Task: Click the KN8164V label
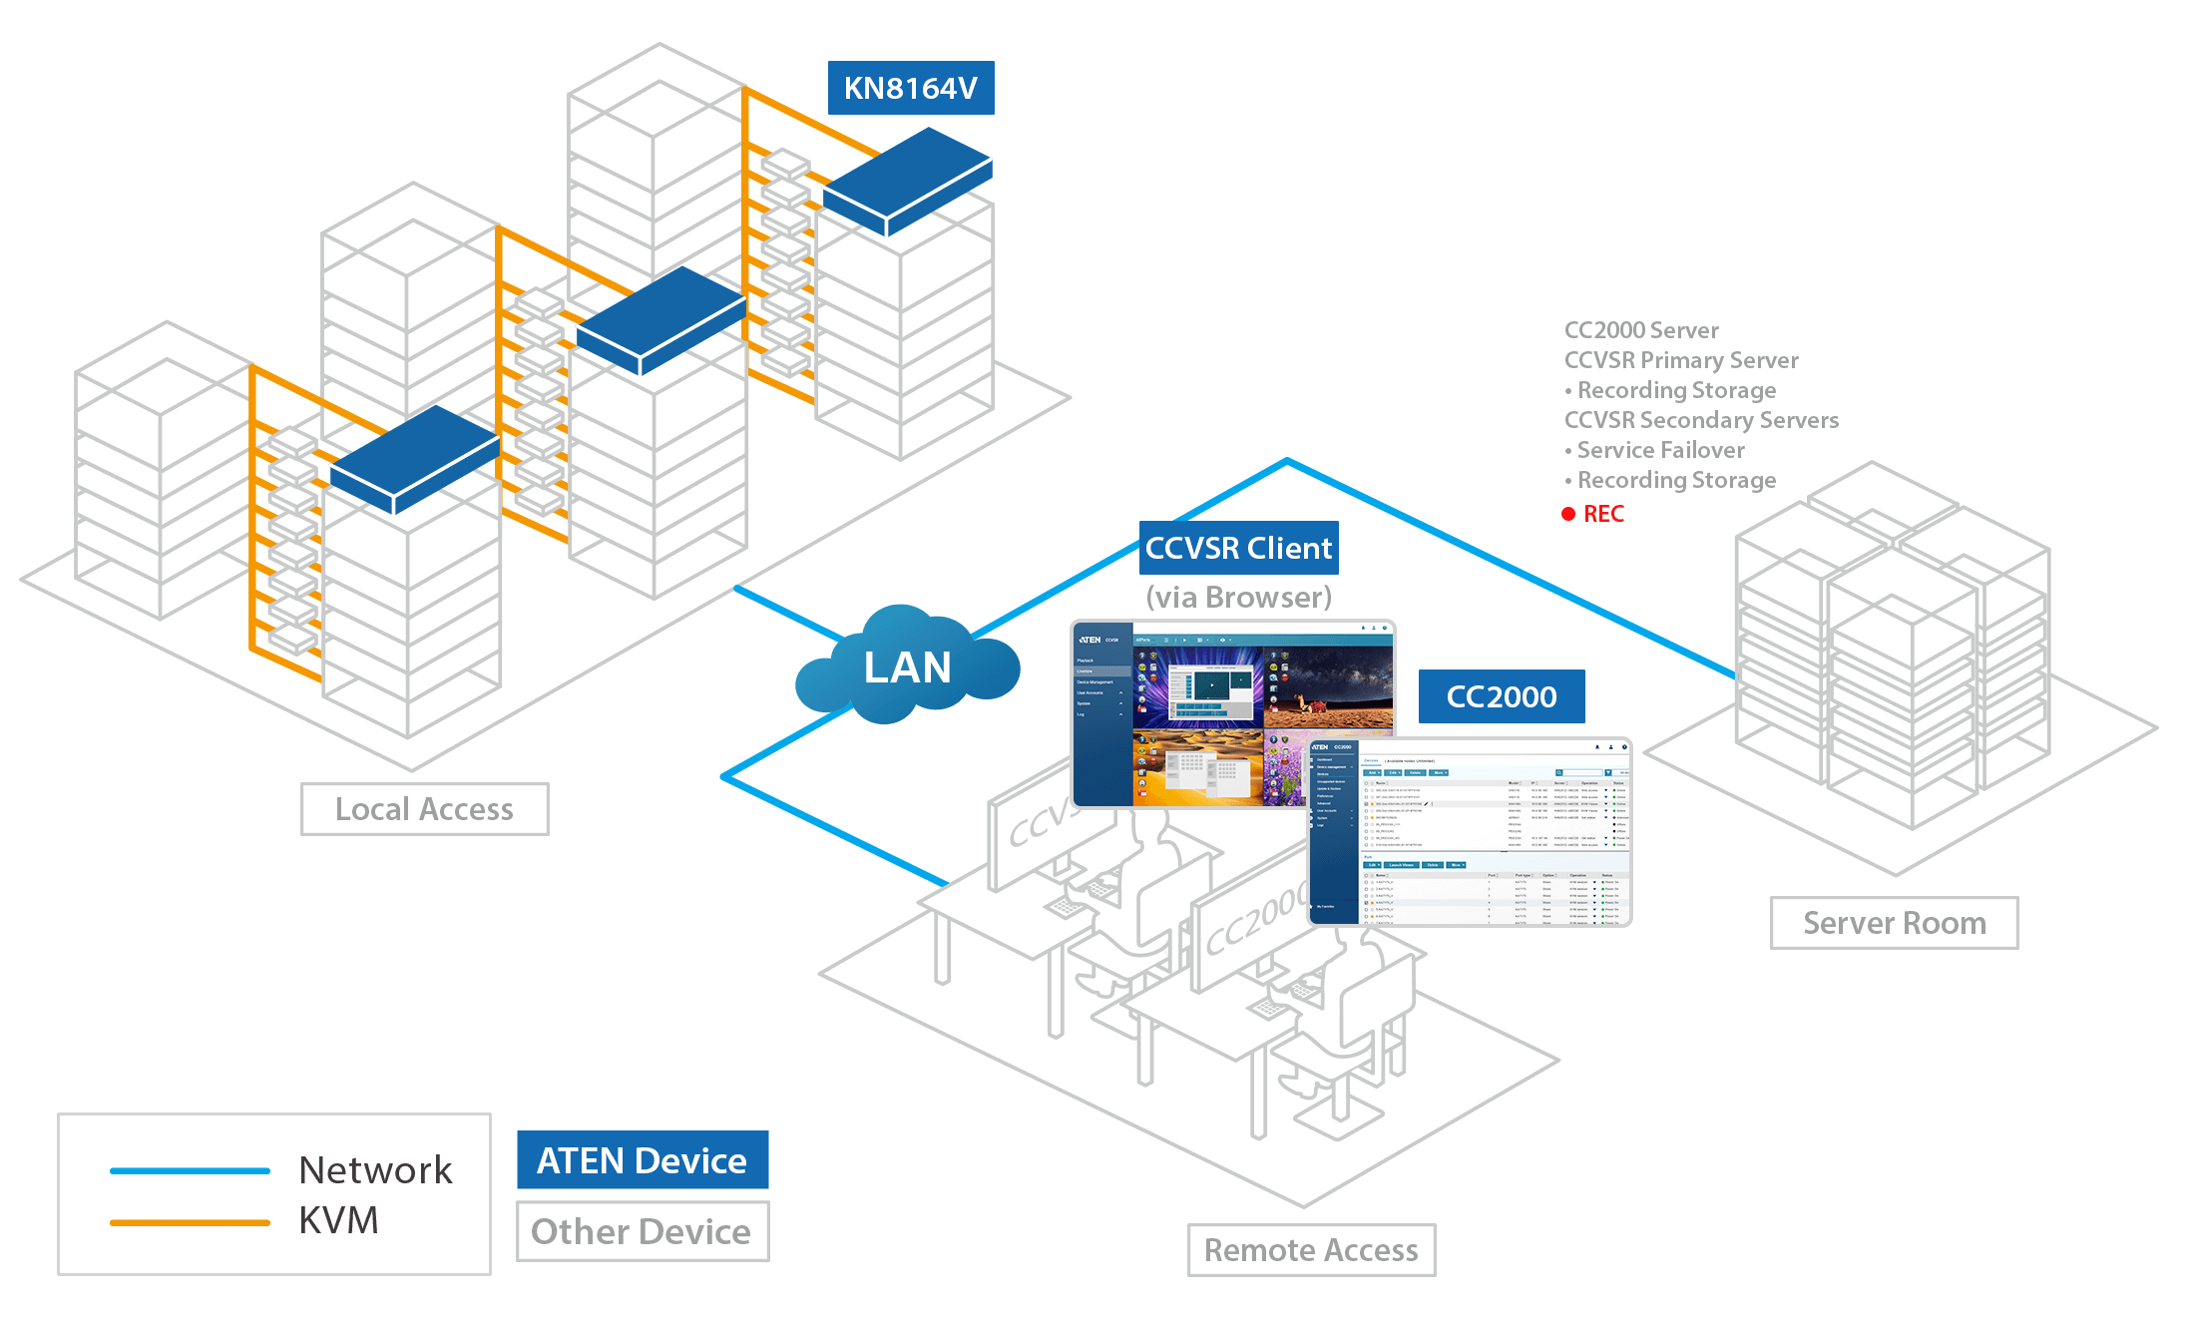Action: pos(911,88)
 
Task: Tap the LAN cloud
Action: pos(907,666)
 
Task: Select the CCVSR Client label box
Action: pos(1238,548)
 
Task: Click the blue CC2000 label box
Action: pos(1501,696)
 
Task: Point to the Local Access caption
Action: pos(424,809)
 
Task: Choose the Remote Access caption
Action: pos(1311,1250)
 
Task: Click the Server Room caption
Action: pos(1894,923)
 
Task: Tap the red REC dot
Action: pos(1568,514)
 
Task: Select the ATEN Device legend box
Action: pos(642,1160)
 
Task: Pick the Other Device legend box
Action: pos(642,1231)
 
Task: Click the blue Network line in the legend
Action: pos(190,1170)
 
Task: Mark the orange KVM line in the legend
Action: pos(190,1221)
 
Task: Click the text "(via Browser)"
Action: pos(1238,597)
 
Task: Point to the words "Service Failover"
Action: pos(1660,450)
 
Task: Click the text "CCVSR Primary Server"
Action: pos(1681,360)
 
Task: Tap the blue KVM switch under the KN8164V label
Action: pos(906,180)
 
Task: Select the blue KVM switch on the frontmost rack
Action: pos(414,459)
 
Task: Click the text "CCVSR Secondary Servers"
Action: pos(1701,420)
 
